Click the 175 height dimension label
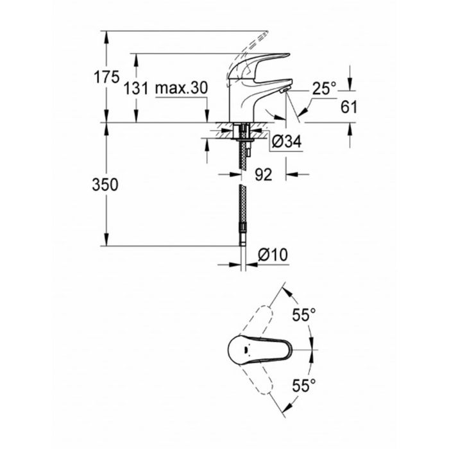[106, 78]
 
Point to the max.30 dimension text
[182, 90]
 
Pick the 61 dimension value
[349, 108]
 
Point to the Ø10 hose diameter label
[272, 255]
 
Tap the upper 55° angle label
[304, 315]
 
